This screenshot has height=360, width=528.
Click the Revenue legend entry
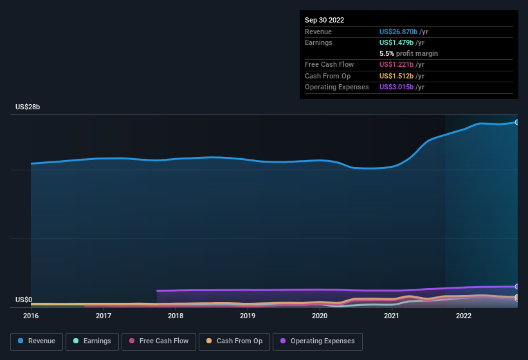pos(37,341)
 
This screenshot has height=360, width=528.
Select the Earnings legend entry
pos(93,341)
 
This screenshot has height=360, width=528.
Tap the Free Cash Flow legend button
pos(159,341)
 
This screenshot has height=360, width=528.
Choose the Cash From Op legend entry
pos(234,341)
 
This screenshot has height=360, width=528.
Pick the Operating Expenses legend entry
pos(318,341)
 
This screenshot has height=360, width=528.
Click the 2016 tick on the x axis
pos(31,316)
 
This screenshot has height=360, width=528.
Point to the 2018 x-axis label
pos(175,316)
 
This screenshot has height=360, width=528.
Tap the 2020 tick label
pos(320,316)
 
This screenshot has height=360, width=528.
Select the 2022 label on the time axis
pos(464,316)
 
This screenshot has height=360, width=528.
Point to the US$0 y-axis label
pos(24,300)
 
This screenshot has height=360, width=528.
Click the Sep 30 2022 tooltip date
pos(325,20)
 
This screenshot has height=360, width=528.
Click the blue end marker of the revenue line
pos(517,122)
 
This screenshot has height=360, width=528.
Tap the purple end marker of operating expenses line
pos(517,287)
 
